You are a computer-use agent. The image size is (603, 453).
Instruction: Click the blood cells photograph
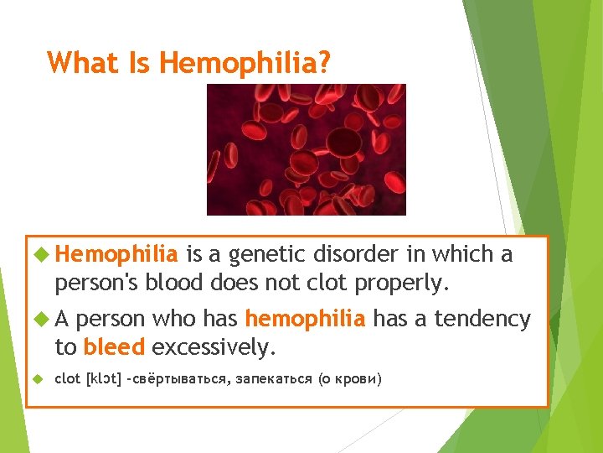click(x=306, y=149)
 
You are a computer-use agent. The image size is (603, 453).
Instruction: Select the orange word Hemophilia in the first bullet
click(x=118, y=254)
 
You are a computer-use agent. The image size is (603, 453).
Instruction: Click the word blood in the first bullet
click(x=175, y=284)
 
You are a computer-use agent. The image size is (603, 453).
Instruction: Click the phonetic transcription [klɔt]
click(x=104, y=379)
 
